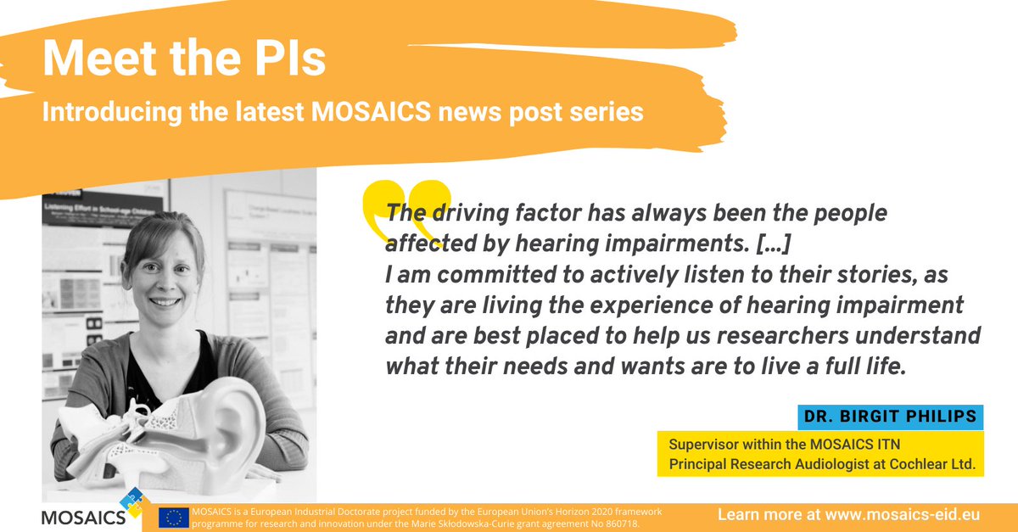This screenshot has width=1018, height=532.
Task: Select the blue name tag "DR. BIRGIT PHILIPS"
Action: point(889,417)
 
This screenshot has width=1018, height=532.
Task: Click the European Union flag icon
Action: point(174,518)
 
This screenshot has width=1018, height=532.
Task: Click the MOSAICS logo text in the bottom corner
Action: point(82,515)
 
